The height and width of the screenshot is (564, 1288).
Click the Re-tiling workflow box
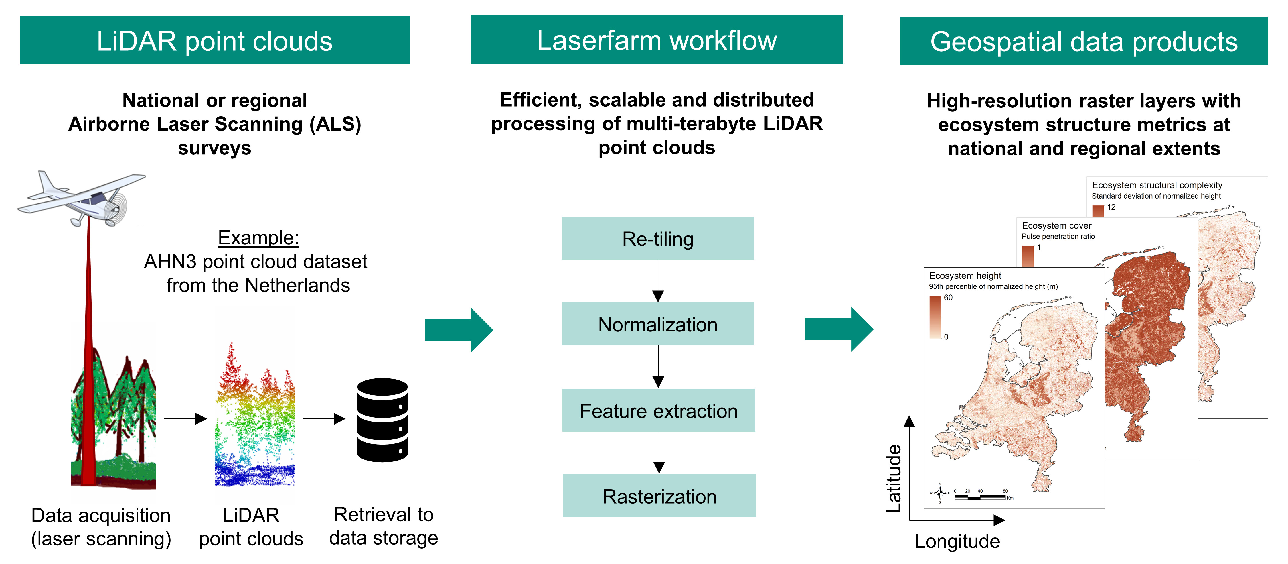(x=657, y=238)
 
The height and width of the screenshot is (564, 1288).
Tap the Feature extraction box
(x=659, y=410)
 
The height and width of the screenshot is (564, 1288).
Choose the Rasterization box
(x=659, y=496)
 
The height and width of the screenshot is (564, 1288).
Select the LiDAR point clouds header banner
(x=214, y=41)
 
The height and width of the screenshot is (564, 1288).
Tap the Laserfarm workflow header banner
(x=657, y=40)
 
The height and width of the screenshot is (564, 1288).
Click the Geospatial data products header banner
(x=1084, y=41)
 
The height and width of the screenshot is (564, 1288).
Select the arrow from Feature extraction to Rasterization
(x=659, y=453)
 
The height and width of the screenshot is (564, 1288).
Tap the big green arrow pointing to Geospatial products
(x=839, y=329)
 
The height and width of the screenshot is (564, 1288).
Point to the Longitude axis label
(x=957, y=541)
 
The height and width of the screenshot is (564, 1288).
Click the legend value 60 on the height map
(x=948, y=298)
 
